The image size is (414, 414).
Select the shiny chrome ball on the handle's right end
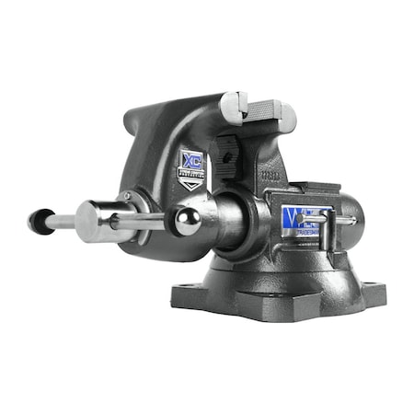(x=188, y=222)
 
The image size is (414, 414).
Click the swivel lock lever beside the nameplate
(x=331, y=219)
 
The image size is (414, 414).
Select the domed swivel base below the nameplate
(x=276, y=271)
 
